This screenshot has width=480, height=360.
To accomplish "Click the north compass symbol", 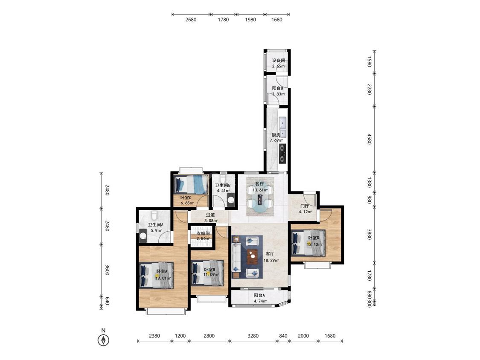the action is [104, 340].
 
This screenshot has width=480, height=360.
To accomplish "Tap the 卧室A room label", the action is [162, 272].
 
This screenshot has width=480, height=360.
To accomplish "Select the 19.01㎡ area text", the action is [163, 278].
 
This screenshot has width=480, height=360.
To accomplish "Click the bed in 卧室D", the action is [308, 243].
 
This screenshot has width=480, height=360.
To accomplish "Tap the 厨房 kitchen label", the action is [276, 135].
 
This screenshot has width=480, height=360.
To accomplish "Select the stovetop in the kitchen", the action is [282, 154].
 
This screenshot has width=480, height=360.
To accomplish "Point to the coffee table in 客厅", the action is [252, 257].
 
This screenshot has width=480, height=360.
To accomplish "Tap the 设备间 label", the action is [279, 61].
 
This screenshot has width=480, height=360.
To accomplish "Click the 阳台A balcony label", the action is [259, 296].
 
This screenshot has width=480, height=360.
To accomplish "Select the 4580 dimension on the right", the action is [369, 139].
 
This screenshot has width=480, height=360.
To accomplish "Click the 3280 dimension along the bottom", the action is [253, 336].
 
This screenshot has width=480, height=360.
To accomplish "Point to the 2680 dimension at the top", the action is [191, 20].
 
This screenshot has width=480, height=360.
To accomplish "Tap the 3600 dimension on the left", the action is [107, 270].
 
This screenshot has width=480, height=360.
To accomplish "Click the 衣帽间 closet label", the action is [203, 234].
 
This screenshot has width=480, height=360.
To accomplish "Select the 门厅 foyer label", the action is [305, 206].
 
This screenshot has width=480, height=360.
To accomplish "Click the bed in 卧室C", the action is [191, 184].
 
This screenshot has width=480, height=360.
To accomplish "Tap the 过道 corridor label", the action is [210, 215].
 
